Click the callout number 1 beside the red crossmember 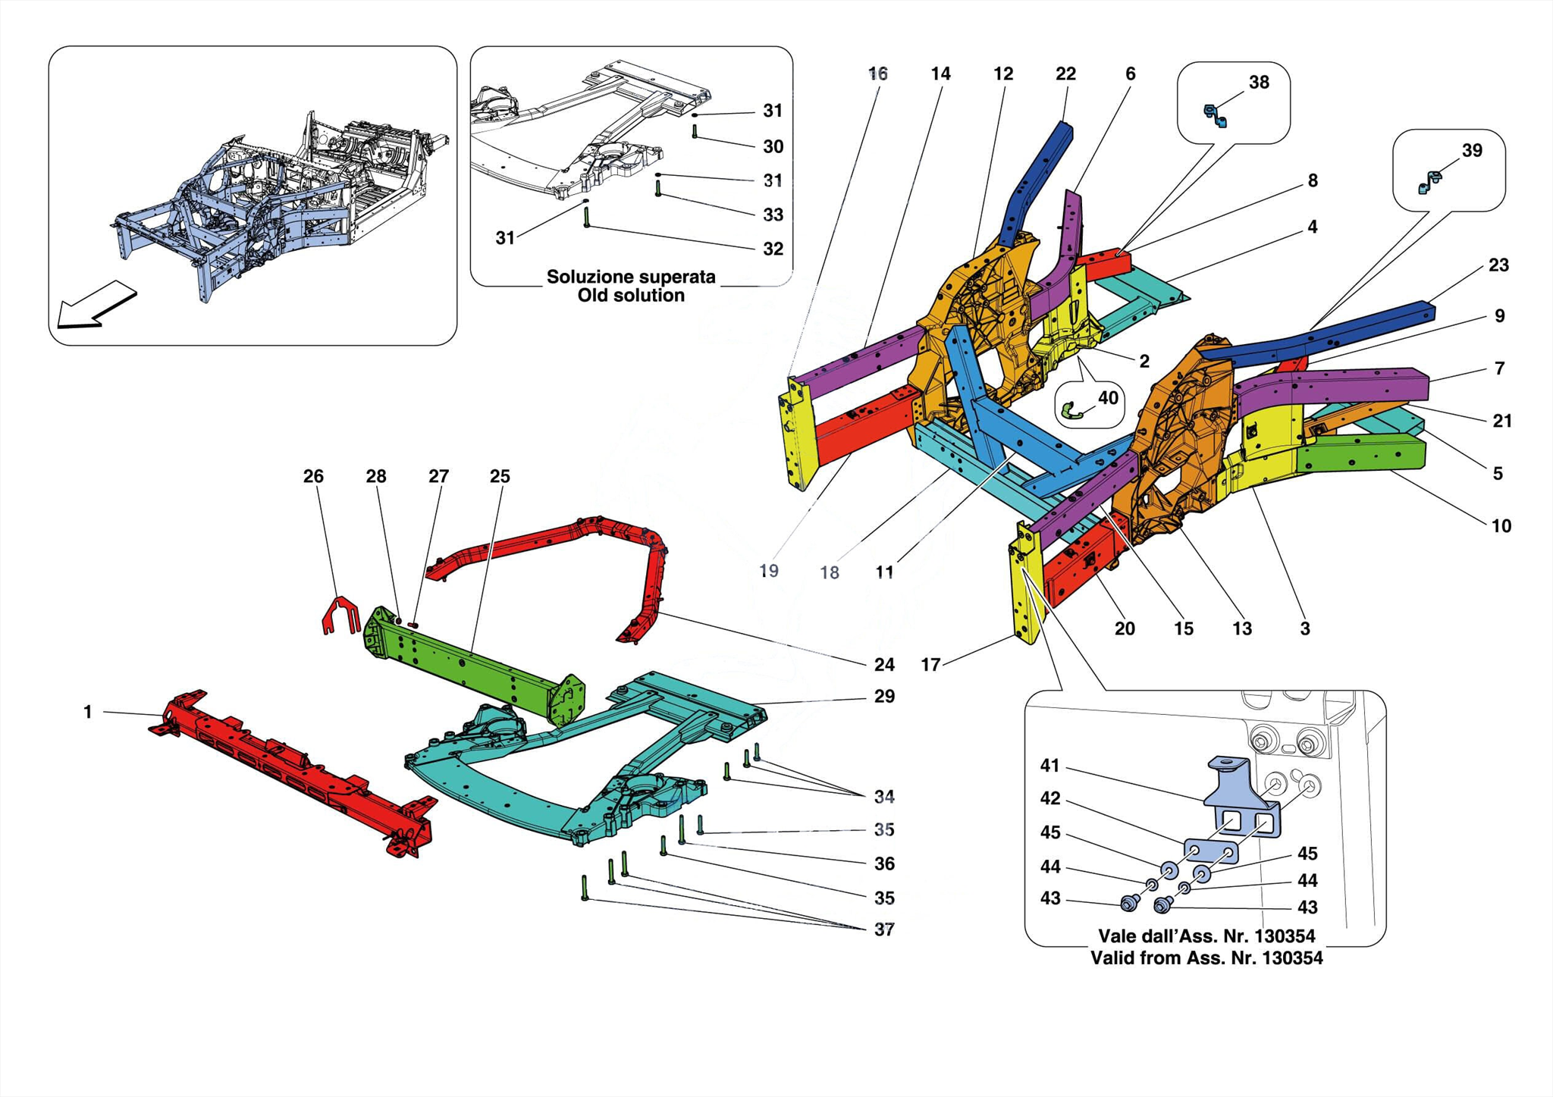pos(88,712)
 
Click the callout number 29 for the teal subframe pos(884,696)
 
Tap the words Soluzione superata pos(631,277)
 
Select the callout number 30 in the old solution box pos(773,146)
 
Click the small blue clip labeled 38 pos(1215,115)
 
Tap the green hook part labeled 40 pos(1070,412)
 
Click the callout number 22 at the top pos(1065,74)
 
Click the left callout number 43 pos(1050,898)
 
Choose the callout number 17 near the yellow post pos(930,665)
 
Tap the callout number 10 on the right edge pos(1501,525)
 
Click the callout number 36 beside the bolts pos(884,863)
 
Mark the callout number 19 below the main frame pos(768,571)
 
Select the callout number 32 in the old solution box pos(773,249)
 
